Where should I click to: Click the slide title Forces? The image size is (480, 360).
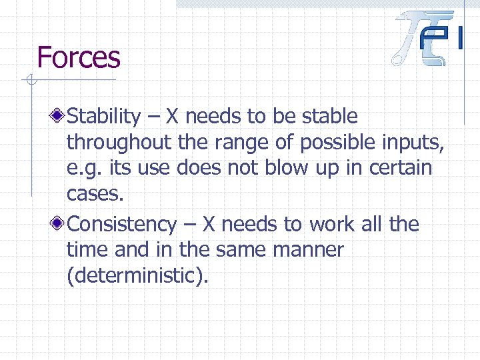coord(79,57)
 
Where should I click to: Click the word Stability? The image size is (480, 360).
coord(104,117)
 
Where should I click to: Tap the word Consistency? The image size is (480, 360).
coord(122,225)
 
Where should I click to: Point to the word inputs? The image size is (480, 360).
coord(411,142)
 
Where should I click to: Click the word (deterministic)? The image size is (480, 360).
coord(137,275)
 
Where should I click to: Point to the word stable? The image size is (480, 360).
coord(330,117)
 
